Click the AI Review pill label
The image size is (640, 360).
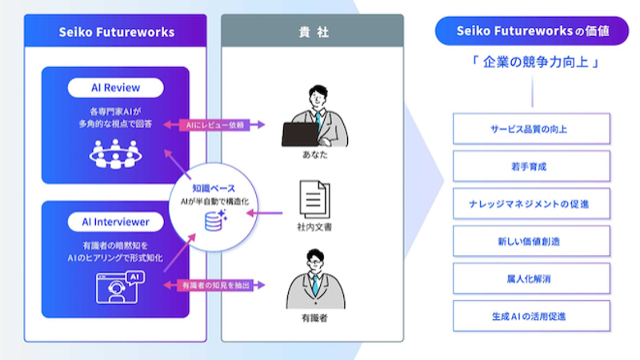click(115, 88)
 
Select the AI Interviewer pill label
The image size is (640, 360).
click(115, 222)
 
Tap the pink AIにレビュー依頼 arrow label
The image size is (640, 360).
click(214, 125)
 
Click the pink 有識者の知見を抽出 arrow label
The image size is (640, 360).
click(215, 285)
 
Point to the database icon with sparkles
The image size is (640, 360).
click(216, 221)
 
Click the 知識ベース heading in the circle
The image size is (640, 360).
click(214, 188)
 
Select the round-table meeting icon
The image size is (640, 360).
click(115, 154)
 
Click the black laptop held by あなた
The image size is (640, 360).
click(301, 134)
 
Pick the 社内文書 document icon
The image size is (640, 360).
click(314, 199)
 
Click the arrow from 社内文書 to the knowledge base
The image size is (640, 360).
click(265, 213)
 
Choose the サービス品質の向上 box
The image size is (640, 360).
click(531, 129)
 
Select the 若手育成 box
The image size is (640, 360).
click(531, 166)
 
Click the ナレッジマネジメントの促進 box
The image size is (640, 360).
click(531, 204)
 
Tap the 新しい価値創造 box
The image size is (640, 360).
click(531, 242)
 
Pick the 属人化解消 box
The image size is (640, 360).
click(531, 278)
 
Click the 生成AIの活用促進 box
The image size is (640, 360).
click(531, 316)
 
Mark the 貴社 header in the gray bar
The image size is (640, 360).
click(314, 32)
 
